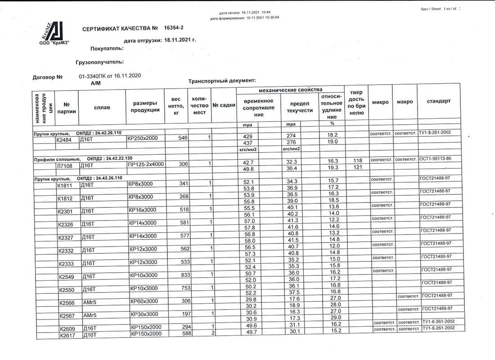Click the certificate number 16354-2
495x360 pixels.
pyautogui.click(x=174, y=28)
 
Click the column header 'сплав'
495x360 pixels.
pyautogui.click(x=102, y=107)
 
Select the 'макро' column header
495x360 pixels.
pyautogui.click(x=405, y=102)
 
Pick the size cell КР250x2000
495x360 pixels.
pyautogui.click(x=143, y=138)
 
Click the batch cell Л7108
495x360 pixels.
pyautogui.click(x=65, y=165)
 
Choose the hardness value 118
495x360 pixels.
pyautogui.click(x=358, y=161)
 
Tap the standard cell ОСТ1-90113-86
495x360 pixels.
pyautogui.click(x=436, y=160)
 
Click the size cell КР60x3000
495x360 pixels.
pyautogui.click(x=144, y=301)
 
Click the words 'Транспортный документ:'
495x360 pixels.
pyautogui.click(x=222, y=81)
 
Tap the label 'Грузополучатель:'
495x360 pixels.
pyautogui.click(x=100, y=62)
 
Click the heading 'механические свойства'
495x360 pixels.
pyautogui.click(x=291, y=90)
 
